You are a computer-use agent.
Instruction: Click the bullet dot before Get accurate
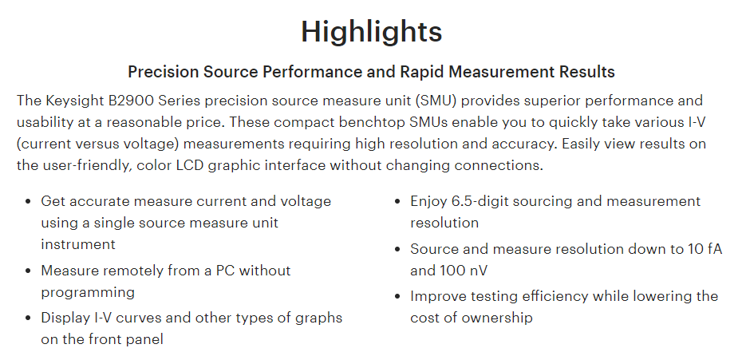tap(29, 201)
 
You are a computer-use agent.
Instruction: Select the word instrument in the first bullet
tap(78, 244)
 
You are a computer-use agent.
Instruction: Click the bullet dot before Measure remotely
tap(29, 271)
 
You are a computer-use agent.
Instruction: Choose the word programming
tap(88, 292)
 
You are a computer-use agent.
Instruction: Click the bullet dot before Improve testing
tap(398, 297)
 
